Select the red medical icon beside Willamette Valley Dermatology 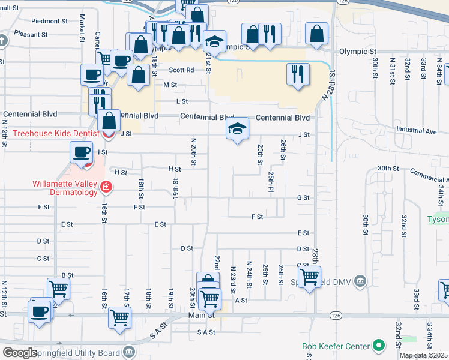click(x=106, y=188)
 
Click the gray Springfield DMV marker click(x=360, y=280)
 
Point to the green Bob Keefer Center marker click(x=379, y=345)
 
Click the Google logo click(x=20, y=352)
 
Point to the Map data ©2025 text click(x=423, y=355)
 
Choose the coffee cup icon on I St click(x=81, y=152)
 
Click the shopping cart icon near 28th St click(x=309, y=277)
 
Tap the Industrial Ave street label click(x=415, y=130)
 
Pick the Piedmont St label click(x=49, y=21)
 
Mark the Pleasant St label click(x=31, y=35)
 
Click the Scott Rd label click(x=181, y=70)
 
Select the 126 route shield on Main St click(x=336, y=314)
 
